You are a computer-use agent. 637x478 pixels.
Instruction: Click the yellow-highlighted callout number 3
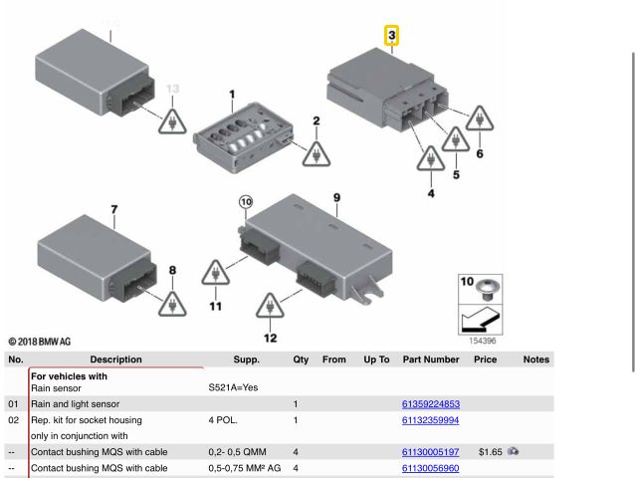pos(391,36)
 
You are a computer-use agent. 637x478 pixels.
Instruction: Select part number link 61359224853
pos(431,404)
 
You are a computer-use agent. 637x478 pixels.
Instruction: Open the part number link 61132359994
pos(430,420)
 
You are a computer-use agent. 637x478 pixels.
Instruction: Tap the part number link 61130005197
pos(430,452)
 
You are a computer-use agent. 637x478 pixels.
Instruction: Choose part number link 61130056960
pos(430,468)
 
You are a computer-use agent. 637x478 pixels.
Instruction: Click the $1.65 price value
pos(491,452)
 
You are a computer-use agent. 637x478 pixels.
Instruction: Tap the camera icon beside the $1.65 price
pos(514,451)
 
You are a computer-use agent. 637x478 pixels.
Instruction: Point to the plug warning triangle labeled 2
pos(317,154)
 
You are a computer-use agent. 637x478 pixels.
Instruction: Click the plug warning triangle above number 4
pos(431,159)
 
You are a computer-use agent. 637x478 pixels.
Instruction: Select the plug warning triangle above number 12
pos(270,306)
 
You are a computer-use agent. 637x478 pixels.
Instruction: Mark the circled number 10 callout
pos(246,202)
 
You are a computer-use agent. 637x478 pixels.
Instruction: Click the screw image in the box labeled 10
pos(488,289)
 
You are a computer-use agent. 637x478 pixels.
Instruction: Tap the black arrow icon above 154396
pos(480,320)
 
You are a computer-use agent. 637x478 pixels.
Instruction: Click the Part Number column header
pos(431,359)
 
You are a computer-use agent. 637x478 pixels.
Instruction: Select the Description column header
pos(115,359)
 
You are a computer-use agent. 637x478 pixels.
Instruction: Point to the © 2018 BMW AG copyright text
pos(40,342)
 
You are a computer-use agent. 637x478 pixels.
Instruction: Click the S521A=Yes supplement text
pos(233,387)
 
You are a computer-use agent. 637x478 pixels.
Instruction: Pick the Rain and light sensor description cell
pos(76,404)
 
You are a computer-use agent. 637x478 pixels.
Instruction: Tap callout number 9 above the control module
pos(336,198)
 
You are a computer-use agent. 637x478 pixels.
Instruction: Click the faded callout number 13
pos(172,89)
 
